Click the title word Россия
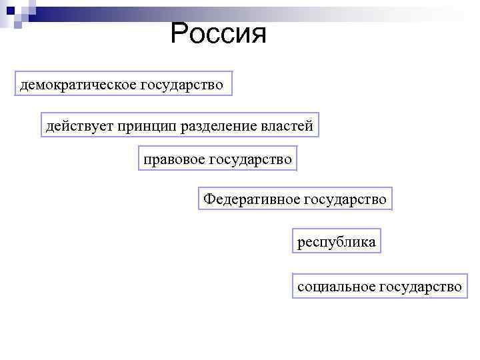[218, 33]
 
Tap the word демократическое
[77, 85]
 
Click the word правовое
[173, 159]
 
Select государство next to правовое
[251, 159]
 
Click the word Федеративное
[251, 199]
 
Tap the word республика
[337, 242]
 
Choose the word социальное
[336, 287]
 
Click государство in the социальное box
[420, 287]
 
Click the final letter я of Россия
[259, 35]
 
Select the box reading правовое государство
[217, 159]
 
